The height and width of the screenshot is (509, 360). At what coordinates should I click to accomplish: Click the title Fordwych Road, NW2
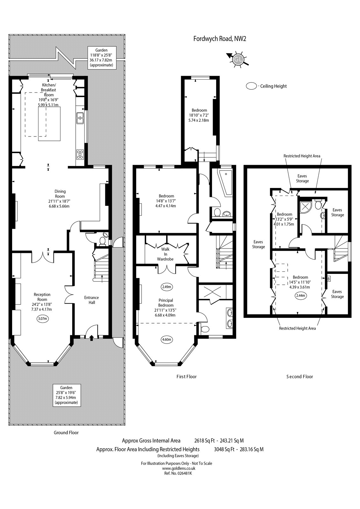(220, 38)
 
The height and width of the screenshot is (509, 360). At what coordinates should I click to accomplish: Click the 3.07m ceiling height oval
(43, 318)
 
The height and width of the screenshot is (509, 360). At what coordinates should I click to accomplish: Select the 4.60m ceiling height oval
(166, 340)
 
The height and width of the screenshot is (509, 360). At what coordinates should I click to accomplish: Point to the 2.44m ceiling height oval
(300, 296)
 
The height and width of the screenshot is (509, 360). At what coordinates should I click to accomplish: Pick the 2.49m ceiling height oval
(166, 287)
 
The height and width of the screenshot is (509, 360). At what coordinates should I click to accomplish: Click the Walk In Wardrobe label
(165, 254)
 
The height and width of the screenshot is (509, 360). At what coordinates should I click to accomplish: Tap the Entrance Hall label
(91, 300)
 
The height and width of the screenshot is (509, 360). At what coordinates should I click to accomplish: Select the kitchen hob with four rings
(80, 155)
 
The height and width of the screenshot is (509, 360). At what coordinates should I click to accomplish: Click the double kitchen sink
(80, 118)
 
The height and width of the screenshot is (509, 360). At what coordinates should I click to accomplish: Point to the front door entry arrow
(92, 338)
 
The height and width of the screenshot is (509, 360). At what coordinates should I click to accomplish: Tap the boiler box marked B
(328, 279)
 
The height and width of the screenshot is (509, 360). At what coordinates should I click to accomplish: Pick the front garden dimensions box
(67, 395)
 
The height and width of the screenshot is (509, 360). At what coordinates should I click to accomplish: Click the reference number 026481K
(178, 474)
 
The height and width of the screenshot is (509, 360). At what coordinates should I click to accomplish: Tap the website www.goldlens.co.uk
(179, 468)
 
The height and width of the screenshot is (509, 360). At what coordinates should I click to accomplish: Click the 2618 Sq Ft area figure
(204, 441)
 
